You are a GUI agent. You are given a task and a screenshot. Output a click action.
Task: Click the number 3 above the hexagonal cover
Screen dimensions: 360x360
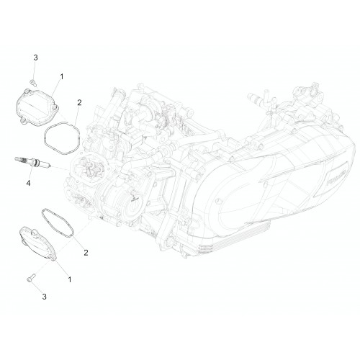(35, 58)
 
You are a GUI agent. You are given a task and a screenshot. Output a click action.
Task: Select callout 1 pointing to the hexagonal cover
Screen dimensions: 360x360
(62, 77)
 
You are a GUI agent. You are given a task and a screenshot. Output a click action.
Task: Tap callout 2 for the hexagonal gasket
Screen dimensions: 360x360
(79, 103)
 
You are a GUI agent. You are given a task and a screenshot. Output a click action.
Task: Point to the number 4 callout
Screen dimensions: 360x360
(28, 184)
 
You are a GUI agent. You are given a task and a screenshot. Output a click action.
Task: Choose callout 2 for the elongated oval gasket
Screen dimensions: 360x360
(86, 253)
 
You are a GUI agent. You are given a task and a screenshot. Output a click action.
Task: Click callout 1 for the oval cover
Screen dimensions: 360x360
(70, 279)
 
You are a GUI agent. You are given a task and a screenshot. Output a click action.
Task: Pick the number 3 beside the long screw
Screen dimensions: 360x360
(44, 297)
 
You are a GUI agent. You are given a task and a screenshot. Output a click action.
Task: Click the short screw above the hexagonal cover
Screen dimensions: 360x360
(34, 83)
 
